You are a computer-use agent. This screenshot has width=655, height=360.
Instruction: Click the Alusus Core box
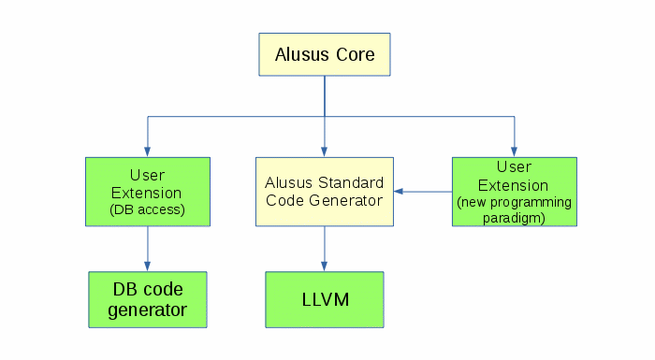[325, 54]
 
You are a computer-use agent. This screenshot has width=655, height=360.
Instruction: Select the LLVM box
[325, 299]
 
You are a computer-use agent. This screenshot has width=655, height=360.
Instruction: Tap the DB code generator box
[148, 299]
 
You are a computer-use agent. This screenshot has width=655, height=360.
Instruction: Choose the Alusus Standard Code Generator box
[325, 192]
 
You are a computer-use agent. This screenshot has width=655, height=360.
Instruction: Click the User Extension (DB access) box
[148, 192]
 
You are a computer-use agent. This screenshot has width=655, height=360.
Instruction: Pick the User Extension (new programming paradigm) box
[515, 192]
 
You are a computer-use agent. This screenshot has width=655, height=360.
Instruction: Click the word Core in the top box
[356, 55]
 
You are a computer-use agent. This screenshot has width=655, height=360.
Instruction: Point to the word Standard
[351, 182]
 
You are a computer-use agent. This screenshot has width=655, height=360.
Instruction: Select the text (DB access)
[147, 209]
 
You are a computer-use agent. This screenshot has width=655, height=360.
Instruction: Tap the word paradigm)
[514, 218]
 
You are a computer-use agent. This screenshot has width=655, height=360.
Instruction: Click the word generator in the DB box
[148, 310]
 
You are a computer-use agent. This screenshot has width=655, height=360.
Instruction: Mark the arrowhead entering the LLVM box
[324, 266]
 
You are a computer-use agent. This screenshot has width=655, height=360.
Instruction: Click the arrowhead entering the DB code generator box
[148, 266]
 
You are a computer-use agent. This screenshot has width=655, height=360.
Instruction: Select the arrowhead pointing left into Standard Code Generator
[399, 192]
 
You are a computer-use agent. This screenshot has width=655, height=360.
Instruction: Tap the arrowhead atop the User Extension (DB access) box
[148, 151]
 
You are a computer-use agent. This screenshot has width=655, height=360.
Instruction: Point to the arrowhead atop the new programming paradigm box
[515, 151]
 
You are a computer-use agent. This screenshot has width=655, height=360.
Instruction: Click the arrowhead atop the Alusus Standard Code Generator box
[324, 151]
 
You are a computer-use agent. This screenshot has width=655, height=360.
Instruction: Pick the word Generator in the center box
[345, 200]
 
